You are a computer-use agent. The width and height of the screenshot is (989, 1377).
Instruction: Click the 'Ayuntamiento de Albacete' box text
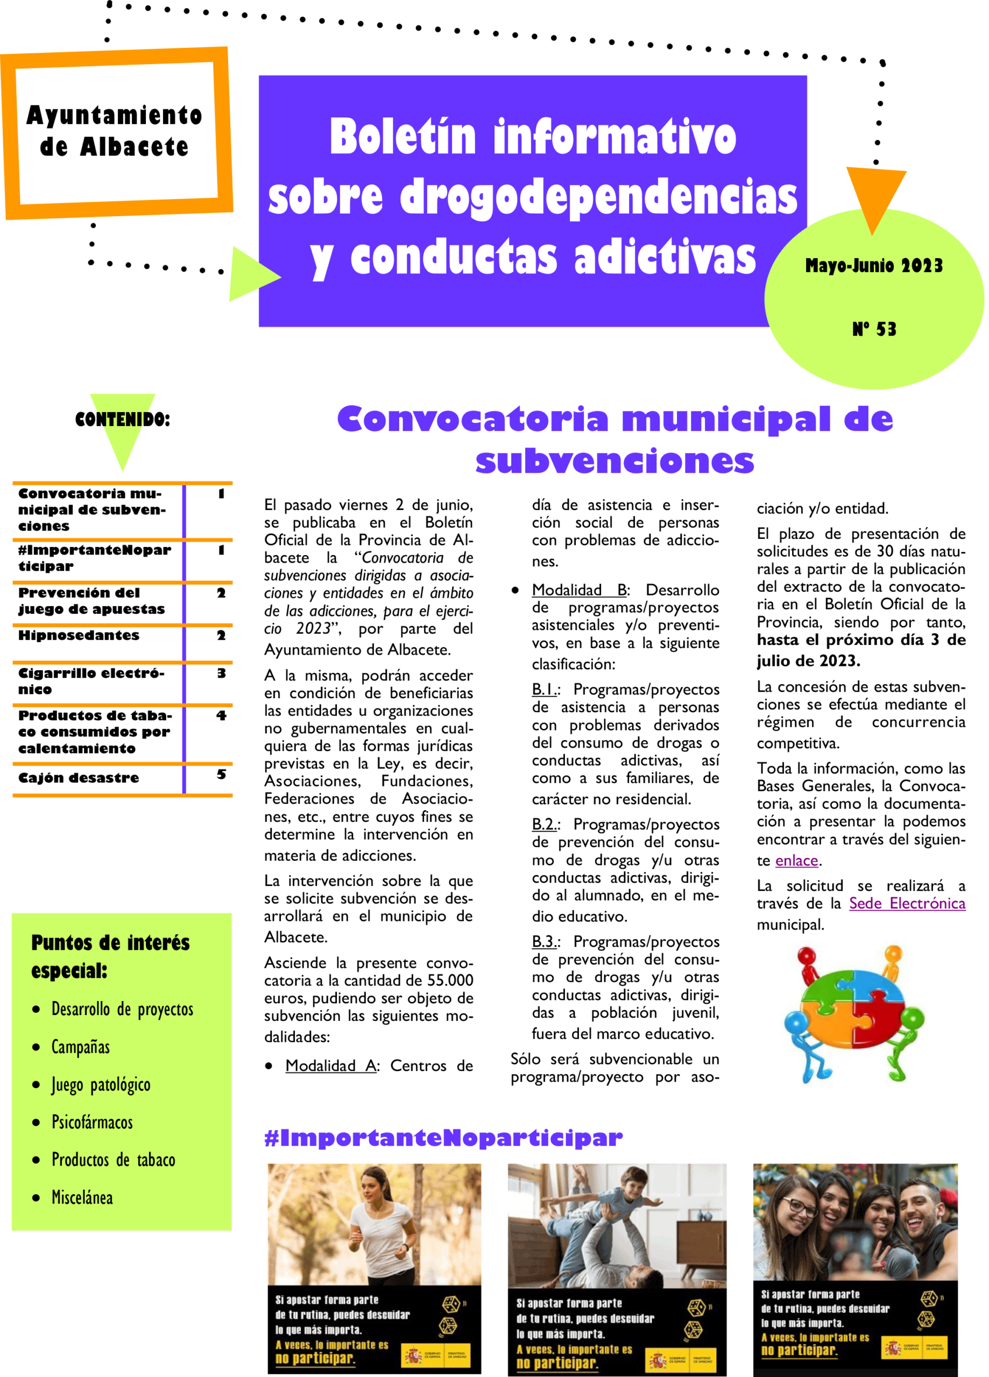point(114,131)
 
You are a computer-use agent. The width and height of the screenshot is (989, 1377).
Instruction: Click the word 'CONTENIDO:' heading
point(122,419)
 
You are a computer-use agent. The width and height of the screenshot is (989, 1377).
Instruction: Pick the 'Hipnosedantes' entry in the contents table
point(79,635)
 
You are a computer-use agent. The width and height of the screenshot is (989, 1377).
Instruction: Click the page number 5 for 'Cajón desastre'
point(221,774)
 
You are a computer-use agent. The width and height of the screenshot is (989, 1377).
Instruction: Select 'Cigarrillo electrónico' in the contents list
point(91,680)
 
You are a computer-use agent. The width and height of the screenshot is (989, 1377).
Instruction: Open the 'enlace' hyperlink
point(796,860)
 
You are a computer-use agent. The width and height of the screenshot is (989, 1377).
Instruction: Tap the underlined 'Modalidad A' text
point(330,1066)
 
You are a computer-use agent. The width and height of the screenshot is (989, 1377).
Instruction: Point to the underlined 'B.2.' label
point(543,824)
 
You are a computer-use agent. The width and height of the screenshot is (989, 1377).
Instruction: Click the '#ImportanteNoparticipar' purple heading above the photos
point(443,1137)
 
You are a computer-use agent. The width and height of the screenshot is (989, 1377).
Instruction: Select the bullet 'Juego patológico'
point(101,1084)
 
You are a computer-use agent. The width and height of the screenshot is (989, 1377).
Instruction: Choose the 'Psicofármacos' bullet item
point(91,1122)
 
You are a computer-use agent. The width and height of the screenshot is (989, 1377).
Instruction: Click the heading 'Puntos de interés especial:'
point(110,956)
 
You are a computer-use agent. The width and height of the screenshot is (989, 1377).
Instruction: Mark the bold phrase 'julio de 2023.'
point(808,661)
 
